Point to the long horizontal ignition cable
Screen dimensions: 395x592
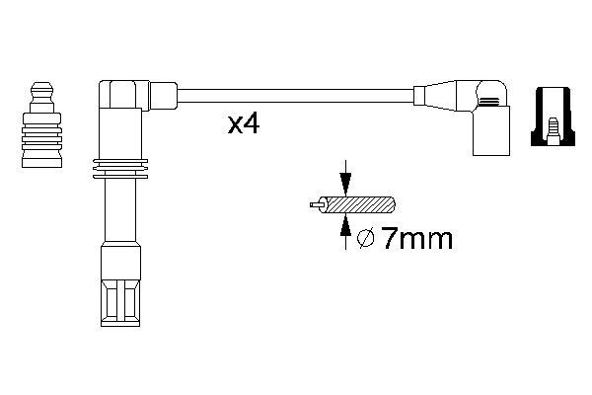click(296, 96)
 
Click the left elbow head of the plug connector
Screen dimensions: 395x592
click(123, 96)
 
